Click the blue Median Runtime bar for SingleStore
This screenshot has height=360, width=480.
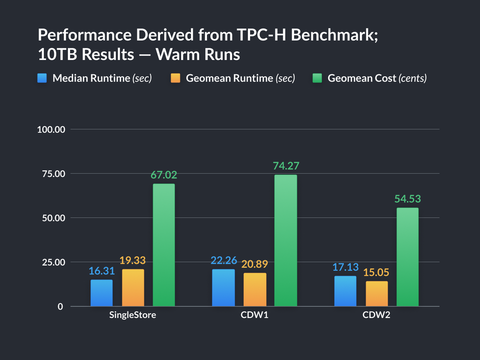(101, 293)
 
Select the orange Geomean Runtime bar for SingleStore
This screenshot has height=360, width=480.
(133, 288)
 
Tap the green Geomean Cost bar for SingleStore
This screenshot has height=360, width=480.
(164, 245)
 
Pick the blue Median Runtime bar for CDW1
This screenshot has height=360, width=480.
(223, 288)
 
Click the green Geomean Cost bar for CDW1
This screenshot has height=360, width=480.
(285, 240)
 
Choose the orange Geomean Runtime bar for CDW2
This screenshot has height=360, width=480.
(376, 294)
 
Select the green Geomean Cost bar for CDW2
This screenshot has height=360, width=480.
(407, 257)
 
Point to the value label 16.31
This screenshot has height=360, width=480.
(101, 271)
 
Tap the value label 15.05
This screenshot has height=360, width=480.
(376, 272)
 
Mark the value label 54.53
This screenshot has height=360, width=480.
(407, 199)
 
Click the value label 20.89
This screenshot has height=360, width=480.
(255, 264)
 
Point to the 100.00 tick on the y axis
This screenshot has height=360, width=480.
(51, 129)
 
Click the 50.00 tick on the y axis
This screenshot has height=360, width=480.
(53, 218)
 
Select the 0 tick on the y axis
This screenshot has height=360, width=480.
(60, 306)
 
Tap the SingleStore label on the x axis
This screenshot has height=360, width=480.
(132, 315)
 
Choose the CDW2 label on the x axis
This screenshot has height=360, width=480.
(376, 315)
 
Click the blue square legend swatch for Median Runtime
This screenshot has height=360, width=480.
(42, 78)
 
